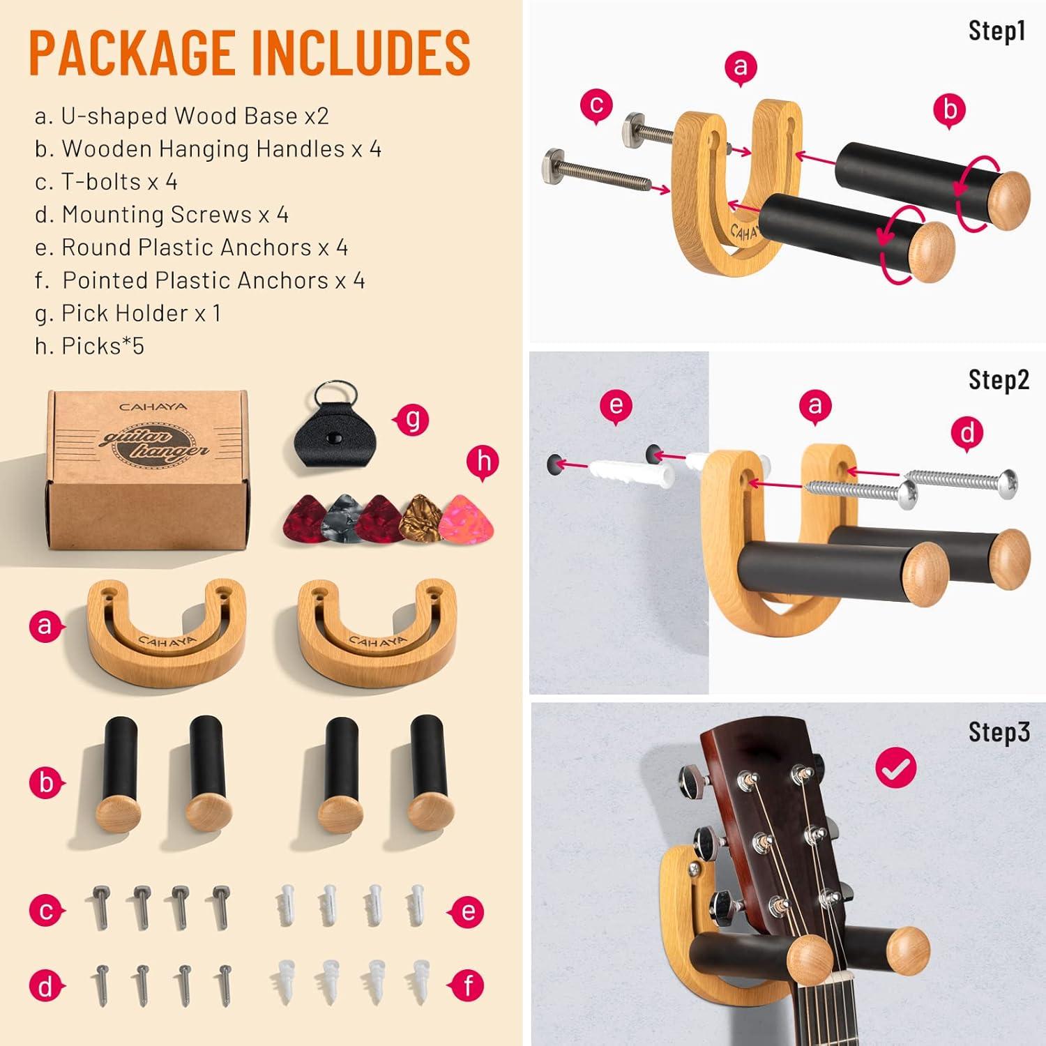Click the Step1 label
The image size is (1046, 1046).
pyautogui.click(x=997, y=31)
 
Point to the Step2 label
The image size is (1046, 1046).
pyautogui.click(x=999, y=380)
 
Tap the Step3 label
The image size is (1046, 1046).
pyautogui.click(x=999, y=732)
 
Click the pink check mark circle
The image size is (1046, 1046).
pyautogui.click(x=896, y=768)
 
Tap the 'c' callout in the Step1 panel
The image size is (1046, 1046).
pyautogui.click(x=596, y=106)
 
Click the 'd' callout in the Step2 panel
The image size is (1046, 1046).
pyautogui.click(x=968, y=434)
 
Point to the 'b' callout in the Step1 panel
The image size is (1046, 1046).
pyautogui.click(x=950, y=110)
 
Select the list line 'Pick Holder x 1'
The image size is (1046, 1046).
pyautogui.click(x=128, y=314)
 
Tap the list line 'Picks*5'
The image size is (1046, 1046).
pyautogui.click(x=89, y=346)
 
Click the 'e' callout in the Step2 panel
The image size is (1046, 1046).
pyautogui.click(x=616, y=406)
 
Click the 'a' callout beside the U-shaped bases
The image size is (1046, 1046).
pyautogui.click(x=46, y=626)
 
